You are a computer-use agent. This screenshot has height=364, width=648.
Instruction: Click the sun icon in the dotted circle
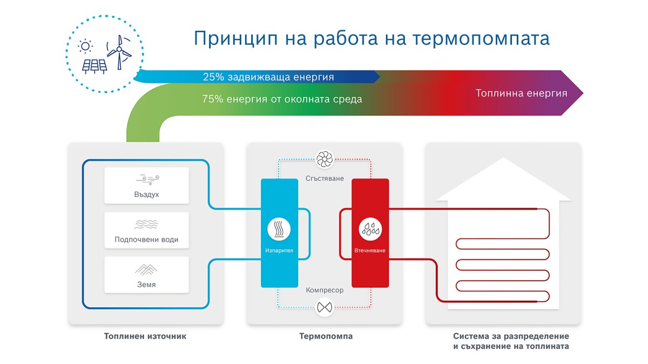point(85,46)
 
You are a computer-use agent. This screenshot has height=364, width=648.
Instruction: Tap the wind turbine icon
point(119,52)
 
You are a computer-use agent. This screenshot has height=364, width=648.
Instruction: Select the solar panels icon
point(94,66)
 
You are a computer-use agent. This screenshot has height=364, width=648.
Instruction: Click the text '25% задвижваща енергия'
point(268,77)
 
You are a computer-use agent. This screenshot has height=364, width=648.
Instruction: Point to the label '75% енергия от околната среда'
point(282,99)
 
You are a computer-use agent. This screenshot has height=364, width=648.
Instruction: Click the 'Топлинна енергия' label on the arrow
point(521,93)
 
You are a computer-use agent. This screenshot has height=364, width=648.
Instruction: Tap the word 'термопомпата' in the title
point(481,39)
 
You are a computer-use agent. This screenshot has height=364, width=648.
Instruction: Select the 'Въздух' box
point(146,186)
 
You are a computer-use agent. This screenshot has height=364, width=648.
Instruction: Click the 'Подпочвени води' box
point(146,230)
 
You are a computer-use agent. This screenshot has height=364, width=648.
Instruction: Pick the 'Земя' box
point(146,274)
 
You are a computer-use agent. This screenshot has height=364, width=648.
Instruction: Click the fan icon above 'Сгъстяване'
point(325,159)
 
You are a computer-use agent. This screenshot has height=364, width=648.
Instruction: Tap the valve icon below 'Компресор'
point(325,307)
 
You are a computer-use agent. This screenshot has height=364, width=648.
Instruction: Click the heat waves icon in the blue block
point(279,229)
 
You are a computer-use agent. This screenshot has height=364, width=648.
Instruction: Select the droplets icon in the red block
point(370,229)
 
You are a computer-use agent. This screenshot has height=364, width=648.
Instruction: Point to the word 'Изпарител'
point(279,250)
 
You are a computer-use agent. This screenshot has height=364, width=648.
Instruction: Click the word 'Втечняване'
point(370,250)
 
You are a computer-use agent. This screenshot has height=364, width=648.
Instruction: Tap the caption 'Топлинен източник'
point(145,336)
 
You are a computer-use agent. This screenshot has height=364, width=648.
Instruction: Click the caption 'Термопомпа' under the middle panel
point(326,336)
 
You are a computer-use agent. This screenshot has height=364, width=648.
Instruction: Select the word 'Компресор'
point(325,290)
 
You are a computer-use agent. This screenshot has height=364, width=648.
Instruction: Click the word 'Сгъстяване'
point(325,178)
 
